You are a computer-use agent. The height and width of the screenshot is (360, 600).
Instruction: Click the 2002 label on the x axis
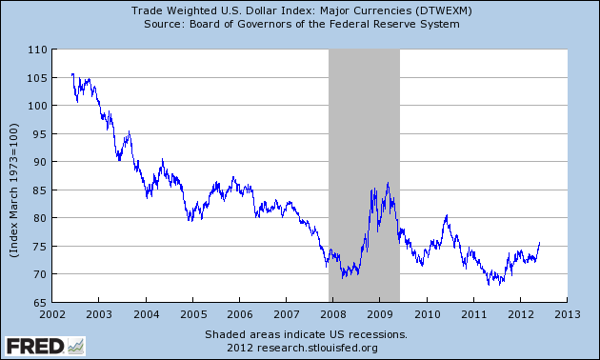[53, 313]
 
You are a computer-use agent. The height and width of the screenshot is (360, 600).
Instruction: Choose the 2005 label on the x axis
[193, 313]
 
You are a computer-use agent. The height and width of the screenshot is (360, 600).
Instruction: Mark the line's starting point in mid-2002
[71, 74]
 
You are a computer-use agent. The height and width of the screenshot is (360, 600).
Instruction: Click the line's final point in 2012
[539, 243]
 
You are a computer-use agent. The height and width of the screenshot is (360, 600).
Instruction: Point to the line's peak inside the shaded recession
[387, 183]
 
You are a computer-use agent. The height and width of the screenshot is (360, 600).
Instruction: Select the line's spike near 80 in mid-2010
[446, 216]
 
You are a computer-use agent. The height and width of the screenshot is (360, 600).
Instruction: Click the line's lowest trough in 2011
[489, 285]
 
